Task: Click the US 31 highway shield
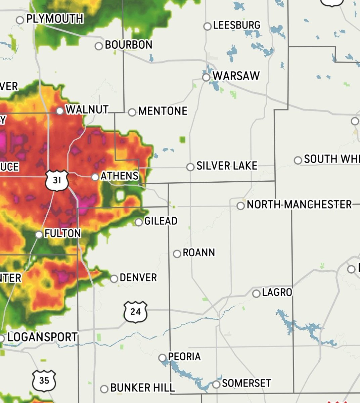(57, 180)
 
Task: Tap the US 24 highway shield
(135, 312)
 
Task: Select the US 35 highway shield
(44, 381)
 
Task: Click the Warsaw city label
(236, 76)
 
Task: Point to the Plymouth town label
(55, 18)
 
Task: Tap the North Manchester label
(299, 205)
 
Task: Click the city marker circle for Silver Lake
(190, 167)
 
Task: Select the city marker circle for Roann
(177, 254)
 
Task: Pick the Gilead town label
(161, 221)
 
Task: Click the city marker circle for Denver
(114, 278)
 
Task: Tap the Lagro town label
(277, 293)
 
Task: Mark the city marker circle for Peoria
(163, 358)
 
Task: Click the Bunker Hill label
(142, 388)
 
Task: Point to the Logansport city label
(42, 337)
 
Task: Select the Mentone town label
(163, 111)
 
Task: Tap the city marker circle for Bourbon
(99, 46)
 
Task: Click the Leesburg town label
(236, 25)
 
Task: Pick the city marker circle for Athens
(95, 177)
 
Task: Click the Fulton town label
(62, 233)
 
